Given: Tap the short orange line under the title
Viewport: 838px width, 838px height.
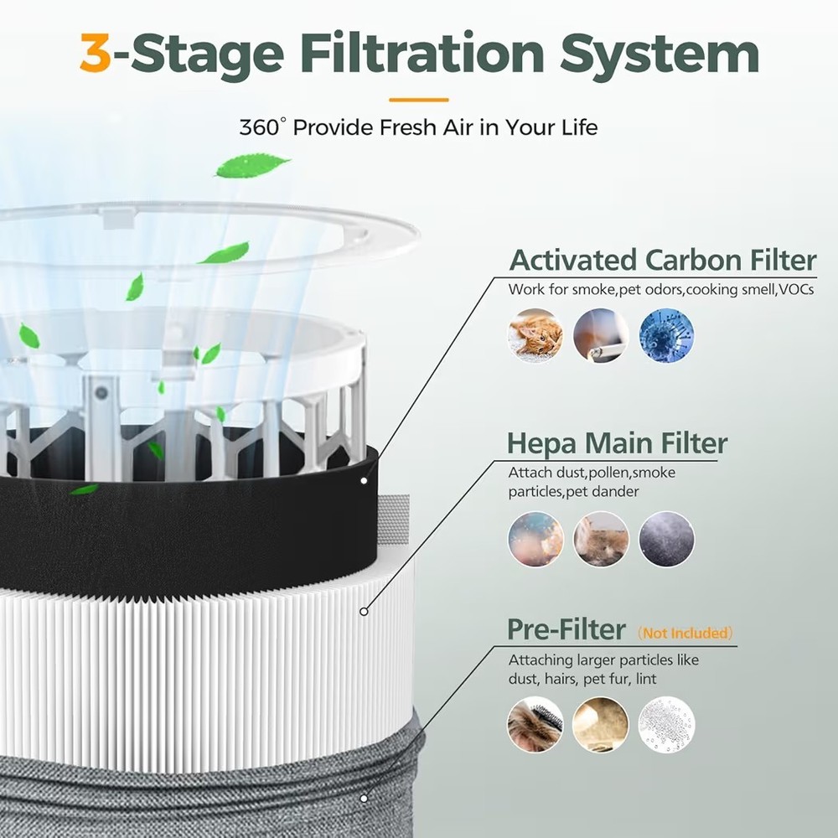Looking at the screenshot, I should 418,100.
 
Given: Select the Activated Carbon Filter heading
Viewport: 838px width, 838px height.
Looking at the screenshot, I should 662,261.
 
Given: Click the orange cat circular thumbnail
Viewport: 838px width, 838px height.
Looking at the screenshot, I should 535,335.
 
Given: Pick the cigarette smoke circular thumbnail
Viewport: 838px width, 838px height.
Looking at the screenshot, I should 600,335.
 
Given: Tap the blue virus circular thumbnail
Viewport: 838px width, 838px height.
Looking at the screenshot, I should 666,335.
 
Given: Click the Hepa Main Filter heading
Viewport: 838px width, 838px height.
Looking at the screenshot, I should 617,442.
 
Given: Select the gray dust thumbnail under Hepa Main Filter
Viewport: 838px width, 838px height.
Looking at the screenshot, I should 666,539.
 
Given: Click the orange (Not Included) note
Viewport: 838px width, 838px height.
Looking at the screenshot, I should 685,633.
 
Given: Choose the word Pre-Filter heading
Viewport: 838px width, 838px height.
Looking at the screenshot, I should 566,629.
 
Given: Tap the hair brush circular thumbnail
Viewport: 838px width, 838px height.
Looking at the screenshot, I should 535,724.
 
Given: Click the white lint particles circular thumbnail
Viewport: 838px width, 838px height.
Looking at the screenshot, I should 666,724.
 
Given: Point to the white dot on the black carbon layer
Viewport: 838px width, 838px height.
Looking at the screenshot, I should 364,481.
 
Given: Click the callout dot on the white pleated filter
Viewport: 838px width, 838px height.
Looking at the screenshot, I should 364,612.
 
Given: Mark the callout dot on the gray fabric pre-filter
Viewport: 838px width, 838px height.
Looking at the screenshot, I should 364,799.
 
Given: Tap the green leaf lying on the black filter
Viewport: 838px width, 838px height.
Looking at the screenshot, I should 84,489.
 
